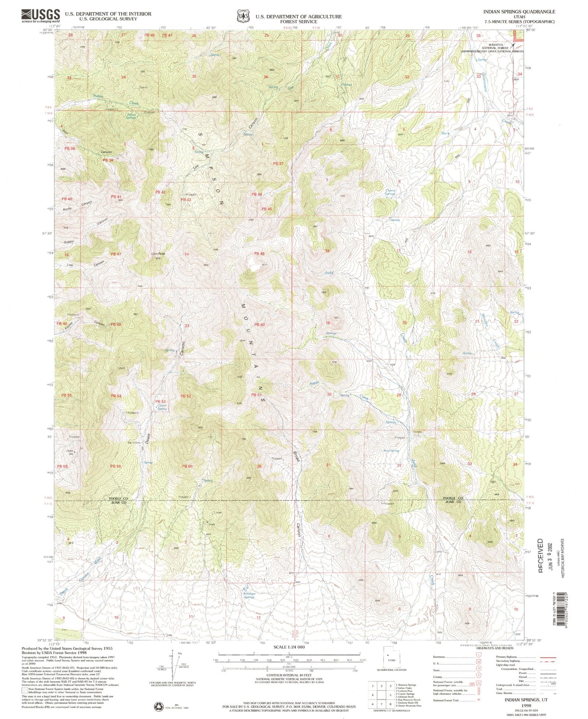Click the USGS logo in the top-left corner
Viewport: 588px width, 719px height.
point(41,15)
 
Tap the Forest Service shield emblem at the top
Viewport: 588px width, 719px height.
point(243,16)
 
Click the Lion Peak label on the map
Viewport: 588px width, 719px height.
point(158,253)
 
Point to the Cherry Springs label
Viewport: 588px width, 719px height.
point(390,192)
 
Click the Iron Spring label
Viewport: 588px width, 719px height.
point(391,451)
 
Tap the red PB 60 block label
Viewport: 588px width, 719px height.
point(187,466)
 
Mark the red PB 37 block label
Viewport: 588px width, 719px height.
point(278,164)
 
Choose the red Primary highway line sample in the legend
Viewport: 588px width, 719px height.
point(547,657)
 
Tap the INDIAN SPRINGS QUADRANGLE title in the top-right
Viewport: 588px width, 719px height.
point(519,12)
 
